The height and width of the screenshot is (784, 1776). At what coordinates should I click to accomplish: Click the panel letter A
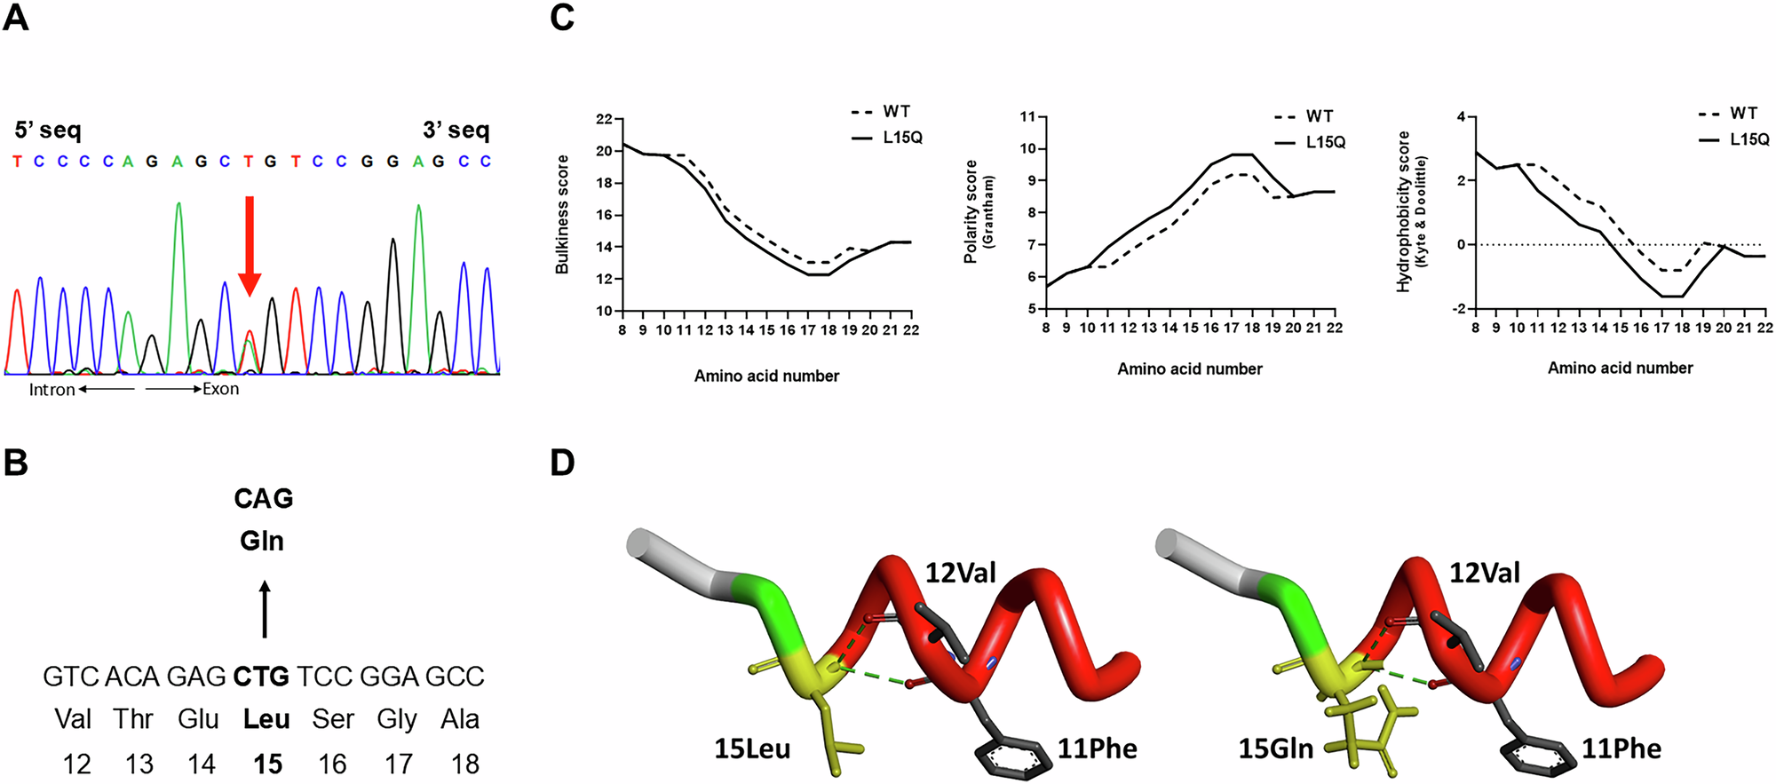click(x=16, y=19)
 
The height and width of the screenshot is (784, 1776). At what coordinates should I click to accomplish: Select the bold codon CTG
click(x=261, y=677)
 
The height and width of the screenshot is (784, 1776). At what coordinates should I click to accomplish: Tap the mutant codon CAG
click(x=263, y=499)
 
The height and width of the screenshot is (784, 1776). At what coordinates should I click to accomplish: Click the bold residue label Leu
click(x=266, y=719)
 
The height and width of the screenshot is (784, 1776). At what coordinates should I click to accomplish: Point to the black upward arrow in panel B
click(x=264, y=610)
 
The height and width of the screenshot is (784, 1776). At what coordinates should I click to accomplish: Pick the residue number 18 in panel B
click(x=464, y=764)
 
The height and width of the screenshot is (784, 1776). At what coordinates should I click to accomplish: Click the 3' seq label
click(x=456, y=131)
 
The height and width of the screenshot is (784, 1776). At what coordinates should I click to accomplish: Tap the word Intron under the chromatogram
click(x=52, y=390)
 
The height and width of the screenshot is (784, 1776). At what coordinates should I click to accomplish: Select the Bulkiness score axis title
click(x=562, y=214)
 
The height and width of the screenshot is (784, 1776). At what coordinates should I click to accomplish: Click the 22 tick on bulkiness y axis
click(x=604, y=119)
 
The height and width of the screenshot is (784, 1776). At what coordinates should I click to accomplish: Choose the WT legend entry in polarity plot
click(x=1319, y=116)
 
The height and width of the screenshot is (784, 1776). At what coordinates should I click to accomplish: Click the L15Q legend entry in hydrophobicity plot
click(x=1748, y=139)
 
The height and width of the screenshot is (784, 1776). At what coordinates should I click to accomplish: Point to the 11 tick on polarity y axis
click(x=1028, y=117)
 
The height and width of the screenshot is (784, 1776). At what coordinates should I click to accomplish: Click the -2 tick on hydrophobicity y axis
click(x=1456, y=309)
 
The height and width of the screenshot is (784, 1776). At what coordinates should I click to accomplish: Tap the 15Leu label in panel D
click(x=752, y=749)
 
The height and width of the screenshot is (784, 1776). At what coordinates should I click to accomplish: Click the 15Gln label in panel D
click(x=1275, y=749)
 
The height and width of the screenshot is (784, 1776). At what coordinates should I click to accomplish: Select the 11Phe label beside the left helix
click(x=1097, y=749)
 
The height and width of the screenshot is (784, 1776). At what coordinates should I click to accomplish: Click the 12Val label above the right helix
click(x=1484, y=574)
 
